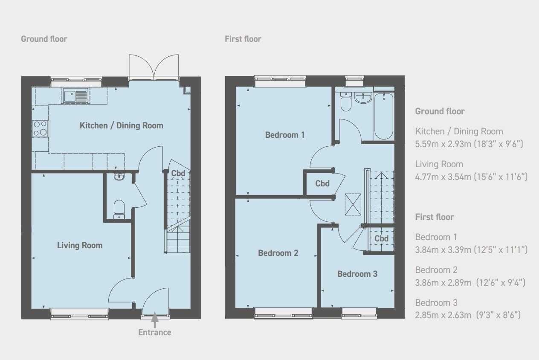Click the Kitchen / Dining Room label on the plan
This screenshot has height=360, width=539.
pos(122,125)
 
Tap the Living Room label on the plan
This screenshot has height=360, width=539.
pos(80,245)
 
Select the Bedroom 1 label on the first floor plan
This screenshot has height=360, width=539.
pos(285,135)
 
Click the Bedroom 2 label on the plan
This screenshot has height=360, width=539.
pos(278,253)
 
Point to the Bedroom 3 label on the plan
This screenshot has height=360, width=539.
pos(357,274)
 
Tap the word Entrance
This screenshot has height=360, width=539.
pos(154,332)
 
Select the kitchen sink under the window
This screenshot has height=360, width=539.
pos(75,96)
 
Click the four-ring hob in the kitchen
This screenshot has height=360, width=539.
pos(40,128)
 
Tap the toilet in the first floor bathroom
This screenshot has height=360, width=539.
pos(345,102)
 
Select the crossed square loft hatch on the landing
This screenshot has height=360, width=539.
pos(353,204)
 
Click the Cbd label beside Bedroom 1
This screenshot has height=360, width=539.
pos(322,184)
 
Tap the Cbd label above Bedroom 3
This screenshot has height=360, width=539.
pos(381,238)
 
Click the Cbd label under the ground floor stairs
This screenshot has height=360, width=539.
pos(178,174)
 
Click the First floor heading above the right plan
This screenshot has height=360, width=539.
pos(243,39)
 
